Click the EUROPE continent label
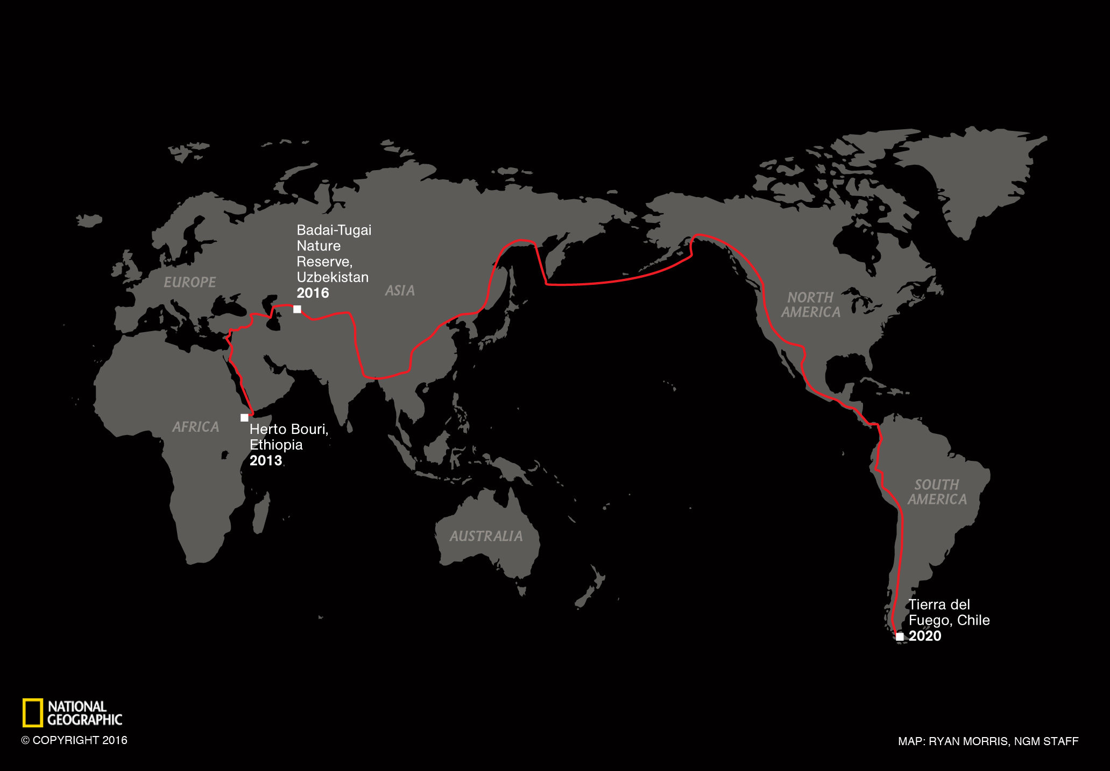coord(189,282)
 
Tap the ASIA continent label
coord(400,291)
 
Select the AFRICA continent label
coord(195,427)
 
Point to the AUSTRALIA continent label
coord(486,536)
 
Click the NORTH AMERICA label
coord(810,305)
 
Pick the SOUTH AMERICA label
coord(937,492)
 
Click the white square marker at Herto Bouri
coord(244,418)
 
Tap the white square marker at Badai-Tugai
coord(297,309)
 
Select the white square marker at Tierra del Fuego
coord(900,637)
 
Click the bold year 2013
coord(266,461)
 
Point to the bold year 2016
coord(313,293)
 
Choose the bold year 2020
coord(925,636)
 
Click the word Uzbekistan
coord(333,277)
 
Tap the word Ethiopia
coord(276,445)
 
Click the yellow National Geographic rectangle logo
coord(32,713)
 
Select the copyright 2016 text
coord(74,740)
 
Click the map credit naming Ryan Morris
coord(988,741)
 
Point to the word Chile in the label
coord(973,620)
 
